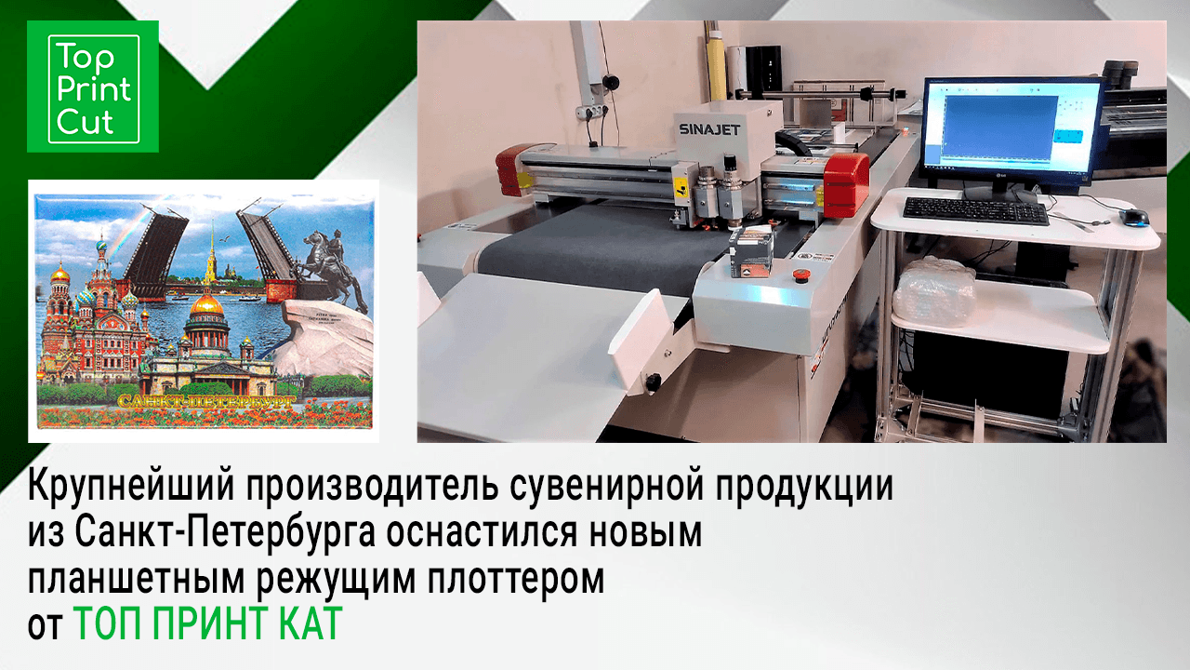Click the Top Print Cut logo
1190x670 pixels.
93,87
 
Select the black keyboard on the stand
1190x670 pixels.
975,211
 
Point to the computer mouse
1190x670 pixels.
1134,217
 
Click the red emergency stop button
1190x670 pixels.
797,275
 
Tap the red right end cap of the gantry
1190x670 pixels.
847,184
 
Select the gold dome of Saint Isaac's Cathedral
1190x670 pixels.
206,304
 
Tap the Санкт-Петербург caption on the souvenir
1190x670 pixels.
206,401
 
